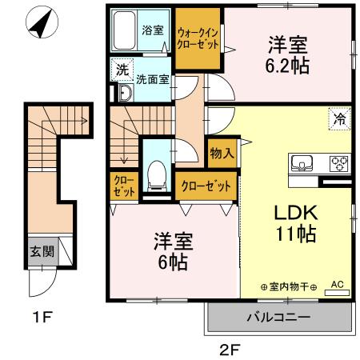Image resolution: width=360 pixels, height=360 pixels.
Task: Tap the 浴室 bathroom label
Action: point(152,30)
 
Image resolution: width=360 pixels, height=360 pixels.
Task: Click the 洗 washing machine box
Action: point(122,70)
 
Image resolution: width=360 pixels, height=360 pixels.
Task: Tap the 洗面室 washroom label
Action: point(151,79)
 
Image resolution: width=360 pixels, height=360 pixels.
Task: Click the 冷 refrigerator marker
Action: point(340,119)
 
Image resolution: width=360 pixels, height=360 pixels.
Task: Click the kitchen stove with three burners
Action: point(339,164)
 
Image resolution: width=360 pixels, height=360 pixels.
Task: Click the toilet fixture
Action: point(158,173)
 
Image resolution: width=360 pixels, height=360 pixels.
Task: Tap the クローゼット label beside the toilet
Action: point(206,186)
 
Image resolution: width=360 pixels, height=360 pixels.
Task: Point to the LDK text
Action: point(297,213)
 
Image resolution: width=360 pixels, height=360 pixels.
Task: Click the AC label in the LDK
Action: point(336,284)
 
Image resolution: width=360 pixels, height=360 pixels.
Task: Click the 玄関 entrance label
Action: point(42,251)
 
